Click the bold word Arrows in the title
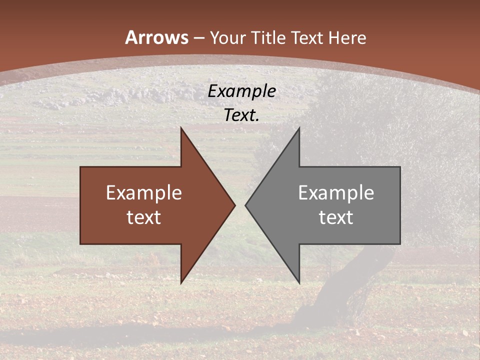coord(157,37)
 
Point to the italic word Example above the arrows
coord(241,91)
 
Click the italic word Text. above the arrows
coord(241,115)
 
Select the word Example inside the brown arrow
coord(143,193)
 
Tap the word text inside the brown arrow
coord(143,217)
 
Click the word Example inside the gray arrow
coord(336,193)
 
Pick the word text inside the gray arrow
coord(336,217)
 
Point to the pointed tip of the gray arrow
coord(246,205)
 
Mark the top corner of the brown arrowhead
coord(181,128)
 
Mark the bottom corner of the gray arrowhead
coord(299,282)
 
